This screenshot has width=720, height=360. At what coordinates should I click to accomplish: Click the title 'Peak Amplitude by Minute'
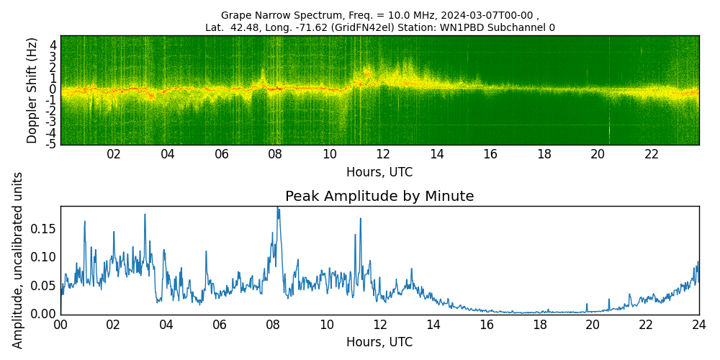click(x=379, y=197)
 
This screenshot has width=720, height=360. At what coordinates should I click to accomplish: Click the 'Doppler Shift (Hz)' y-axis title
click(x=32, y=90)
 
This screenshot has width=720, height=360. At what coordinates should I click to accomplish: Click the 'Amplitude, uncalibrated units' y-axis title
click(x=18, y=260)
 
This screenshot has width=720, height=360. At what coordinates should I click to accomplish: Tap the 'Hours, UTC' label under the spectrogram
click(x=379, y=173)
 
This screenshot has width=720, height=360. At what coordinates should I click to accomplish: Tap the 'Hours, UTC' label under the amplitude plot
click(x=379, y=343)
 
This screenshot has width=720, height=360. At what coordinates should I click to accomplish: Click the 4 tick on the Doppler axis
click(x=53, y=45)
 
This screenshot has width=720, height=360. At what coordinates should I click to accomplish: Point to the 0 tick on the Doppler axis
click(x=53, y=89)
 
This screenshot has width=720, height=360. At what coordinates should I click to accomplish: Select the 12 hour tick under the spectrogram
click(x=383, y=154)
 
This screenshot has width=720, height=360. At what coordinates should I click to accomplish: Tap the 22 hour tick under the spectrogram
click(x=652, y=154)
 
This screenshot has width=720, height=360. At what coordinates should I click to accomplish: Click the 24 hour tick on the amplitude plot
click(x=698, y=324)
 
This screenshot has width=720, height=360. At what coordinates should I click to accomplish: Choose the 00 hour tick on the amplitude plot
click(x=60, y=324)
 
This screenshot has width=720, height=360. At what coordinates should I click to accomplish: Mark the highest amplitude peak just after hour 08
click(x=278, y=208)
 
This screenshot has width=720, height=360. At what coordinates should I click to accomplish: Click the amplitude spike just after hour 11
click(x=360, y=219)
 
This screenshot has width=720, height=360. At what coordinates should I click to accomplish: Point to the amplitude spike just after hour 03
click(x=145, y=215)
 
